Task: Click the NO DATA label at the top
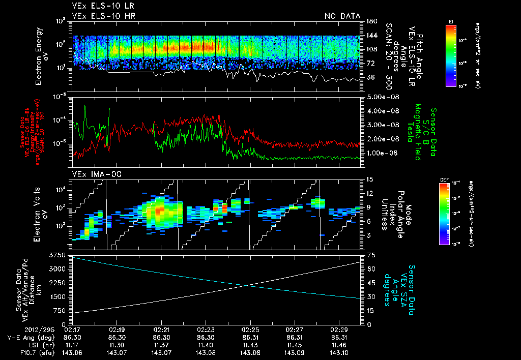[342, 16]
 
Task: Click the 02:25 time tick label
[249, 329]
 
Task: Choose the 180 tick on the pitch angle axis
[370, 21]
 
